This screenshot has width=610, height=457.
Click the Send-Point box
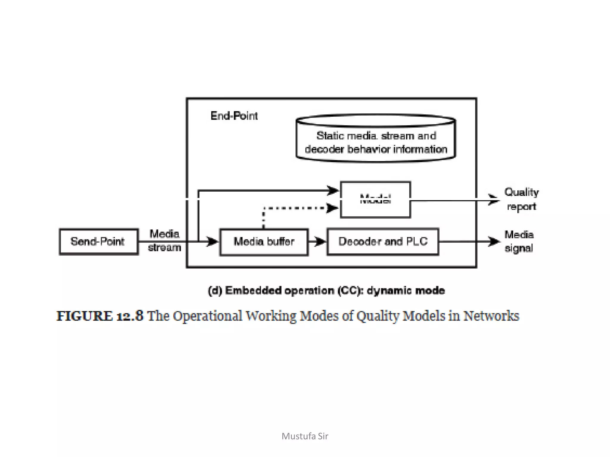click(x=99, y=242)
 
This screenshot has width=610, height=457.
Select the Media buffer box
click(x=264, y=242)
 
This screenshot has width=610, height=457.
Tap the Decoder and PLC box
click(x=383, y=242)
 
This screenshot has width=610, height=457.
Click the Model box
click(x=375, y=200)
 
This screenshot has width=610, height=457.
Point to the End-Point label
click(x=234, y=116)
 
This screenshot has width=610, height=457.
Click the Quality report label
click(x=522, y=199)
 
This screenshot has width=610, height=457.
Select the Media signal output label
click(x=519, y=241)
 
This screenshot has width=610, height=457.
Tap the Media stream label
click(x=164, y=240)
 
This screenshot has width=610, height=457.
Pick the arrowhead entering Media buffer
click(x=213, y=241)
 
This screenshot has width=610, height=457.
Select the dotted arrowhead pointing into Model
click(x=332, y=208)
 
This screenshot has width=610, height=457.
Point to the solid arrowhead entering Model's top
click(x=333, y=190)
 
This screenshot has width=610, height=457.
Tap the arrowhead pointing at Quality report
click(x=494, y=200)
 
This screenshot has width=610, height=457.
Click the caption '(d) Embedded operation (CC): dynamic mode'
click(x=326, y=290)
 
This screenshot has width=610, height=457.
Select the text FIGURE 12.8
click(x=100, y=316)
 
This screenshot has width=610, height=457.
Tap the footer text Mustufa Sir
click(x=305, y=436)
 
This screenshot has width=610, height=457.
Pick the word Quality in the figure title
click(x=378, y=316)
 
